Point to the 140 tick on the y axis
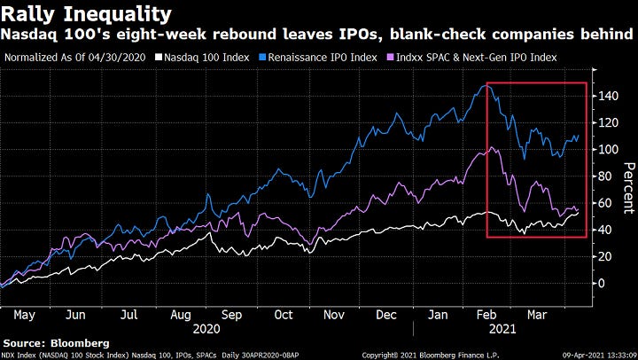click(604, 95)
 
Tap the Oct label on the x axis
click(283, 314)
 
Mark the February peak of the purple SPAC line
click(479, 148)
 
